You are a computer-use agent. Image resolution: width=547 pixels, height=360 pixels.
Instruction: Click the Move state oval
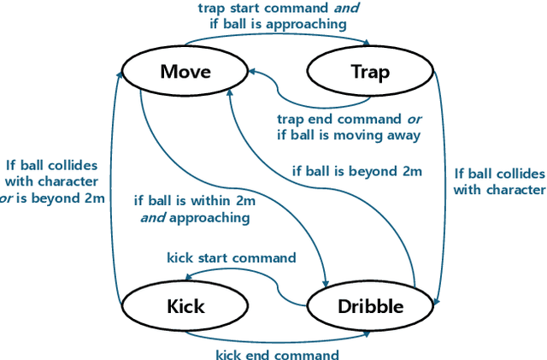[185, 71]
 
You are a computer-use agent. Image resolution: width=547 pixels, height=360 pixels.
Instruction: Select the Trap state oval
[370, 71]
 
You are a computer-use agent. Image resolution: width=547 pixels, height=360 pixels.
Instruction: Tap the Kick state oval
[185, 305]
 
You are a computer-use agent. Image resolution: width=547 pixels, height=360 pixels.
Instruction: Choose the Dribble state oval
[370, 305]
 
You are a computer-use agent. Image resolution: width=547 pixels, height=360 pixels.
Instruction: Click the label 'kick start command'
[232, 257]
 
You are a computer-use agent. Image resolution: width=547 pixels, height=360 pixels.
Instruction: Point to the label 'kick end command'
[276, 354]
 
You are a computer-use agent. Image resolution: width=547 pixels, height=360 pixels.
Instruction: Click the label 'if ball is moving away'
[349, 134]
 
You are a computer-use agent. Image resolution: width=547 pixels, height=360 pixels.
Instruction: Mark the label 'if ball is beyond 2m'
[357, 171]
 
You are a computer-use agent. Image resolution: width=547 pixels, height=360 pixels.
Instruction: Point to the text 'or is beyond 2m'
[53, 198]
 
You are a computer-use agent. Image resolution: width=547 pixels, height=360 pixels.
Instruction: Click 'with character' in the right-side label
[499, 190]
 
